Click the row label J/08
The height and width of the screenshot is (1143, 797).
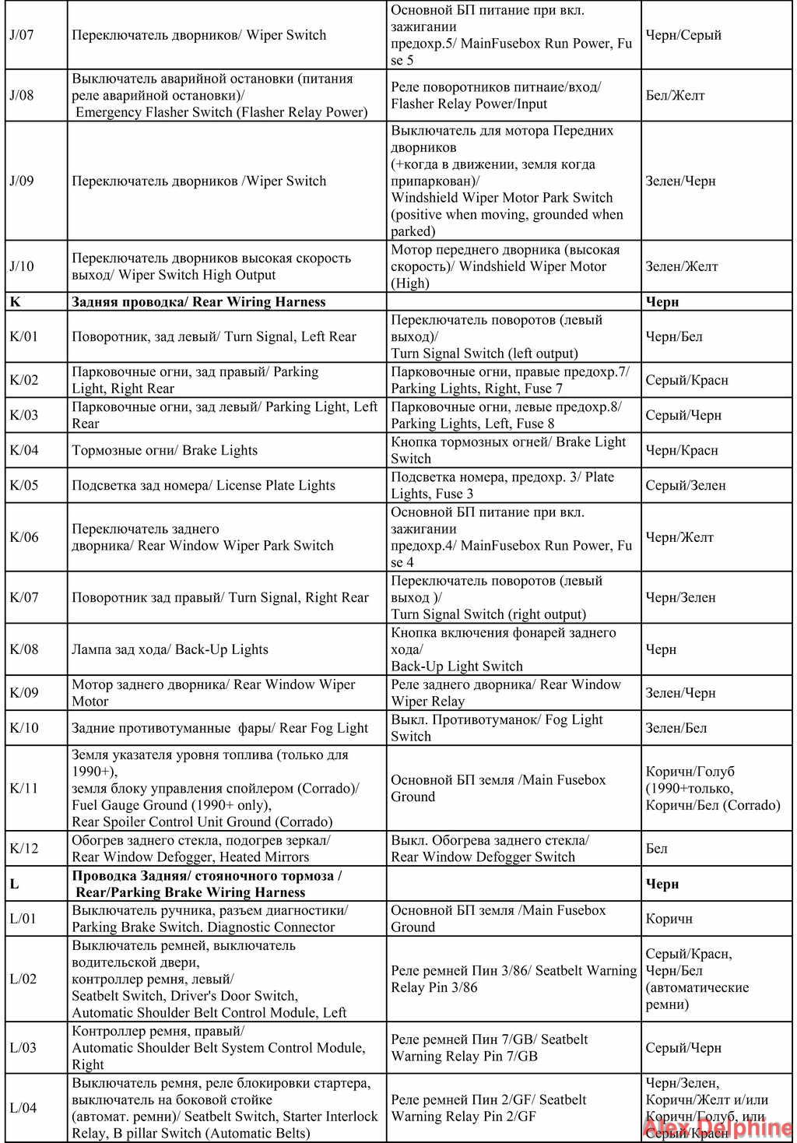(x=22, y=96)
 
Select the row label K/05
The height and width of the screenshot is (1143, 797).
(x=23, y=485)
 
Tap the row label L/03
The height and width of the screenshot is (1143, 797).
(x=23, y=1048)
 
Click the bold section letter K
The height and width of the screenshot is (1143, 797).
(x=14, y=302)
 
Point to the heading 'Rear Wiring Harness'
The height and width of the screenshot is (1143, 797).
(x=198, y=302)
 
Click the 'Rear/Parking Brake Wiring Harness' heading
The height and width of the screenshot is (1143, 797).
(x=207, y=884)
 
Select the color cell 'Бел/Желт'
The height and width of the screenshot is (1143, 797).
(x=675, y=96)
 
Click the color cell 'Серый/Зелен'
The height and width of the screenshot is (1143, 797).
(x=685, y=485)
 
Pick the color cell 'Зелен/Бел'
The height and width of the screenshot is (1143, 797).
(x=676, y=728)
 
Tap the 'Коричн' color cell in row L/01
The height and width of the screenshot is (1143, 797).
(x=669, y=919)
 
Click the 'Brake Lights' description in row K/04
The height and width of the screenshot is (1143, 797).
(x=164, y=450)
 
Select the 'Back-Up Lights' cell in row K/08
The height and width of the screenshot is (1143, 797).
(x=170, y=649)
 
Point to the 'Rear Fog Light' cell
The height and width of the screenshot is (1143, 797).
(x=219, y=728)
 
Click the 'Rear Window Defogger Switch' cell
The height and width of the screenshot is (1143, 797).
(x=490, y=849)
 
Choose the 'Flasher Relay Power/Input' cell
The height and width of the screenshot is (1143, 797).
(x=495, y=96)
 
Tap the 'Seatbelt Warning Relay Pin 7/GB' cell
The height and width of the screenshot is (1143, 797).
(x=489, y=1048)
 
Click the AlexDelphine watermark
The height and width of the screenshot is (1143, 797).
(x=716, y=1127)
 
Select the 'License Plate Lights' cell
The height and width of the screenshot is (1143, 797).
(x=203, y=485)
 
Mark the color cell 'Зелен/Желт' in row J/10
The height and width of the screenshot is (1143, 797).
(x=681, y=266)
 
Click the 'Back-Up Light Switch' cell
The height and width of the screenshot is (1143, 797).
(x=503, y=649)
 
